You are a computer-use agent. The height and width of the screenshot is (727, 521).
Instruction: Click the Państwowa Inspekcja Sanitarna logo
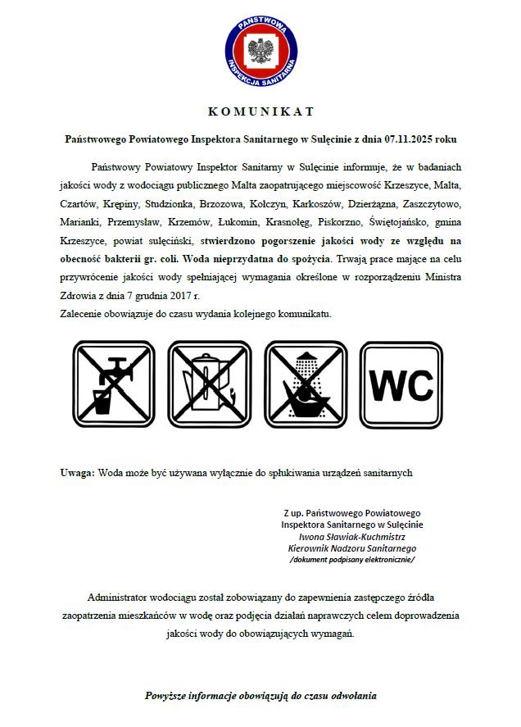click(x=260, y=46)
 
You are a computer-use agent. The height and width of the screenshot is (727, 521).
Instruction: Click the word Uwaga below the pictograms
click(x=77, y=473)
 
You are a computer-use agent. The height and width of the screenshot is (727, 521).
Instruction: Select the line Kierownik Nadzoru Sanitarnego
click(x=352, y=548)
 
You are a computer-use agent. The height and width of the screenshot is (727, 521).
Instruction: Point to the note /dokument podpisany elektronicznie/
click(x=352, y=559)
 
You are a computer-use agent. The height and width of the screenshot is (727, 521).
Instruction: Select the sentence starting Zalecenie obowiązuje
click(x=195, y=314)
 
